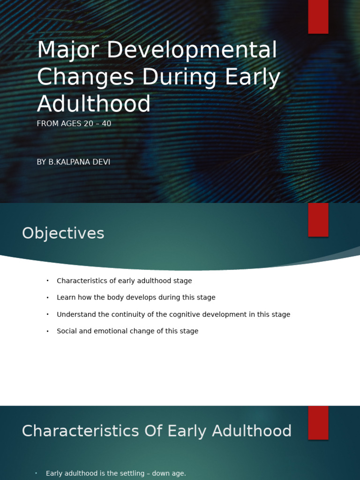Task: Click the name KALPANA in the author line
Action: pyautogui.click(x=71, y=162)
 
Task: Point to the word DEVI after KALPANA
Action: pyautogui.click(x=102, y=162)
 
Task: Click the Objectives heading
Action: pyautogui.click(x=63, y=233)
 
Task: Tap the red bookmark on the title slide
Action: pyautogui.click(x=318, y=16)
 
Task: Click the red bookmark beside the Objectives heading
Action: pyautogui.click(x=318, y=219)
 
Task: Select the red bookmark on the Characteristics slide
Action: pyautogui.click(x=318, y=422)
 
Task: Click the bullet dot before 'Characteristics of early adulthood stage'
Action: pyautogui.click(x=47, y=281)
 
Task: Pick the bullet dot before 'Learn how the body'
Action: pyautogui.click(x=47, y=298)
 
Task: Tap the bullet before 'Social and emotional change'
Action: pyautogui.click(x=47, y=331)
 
